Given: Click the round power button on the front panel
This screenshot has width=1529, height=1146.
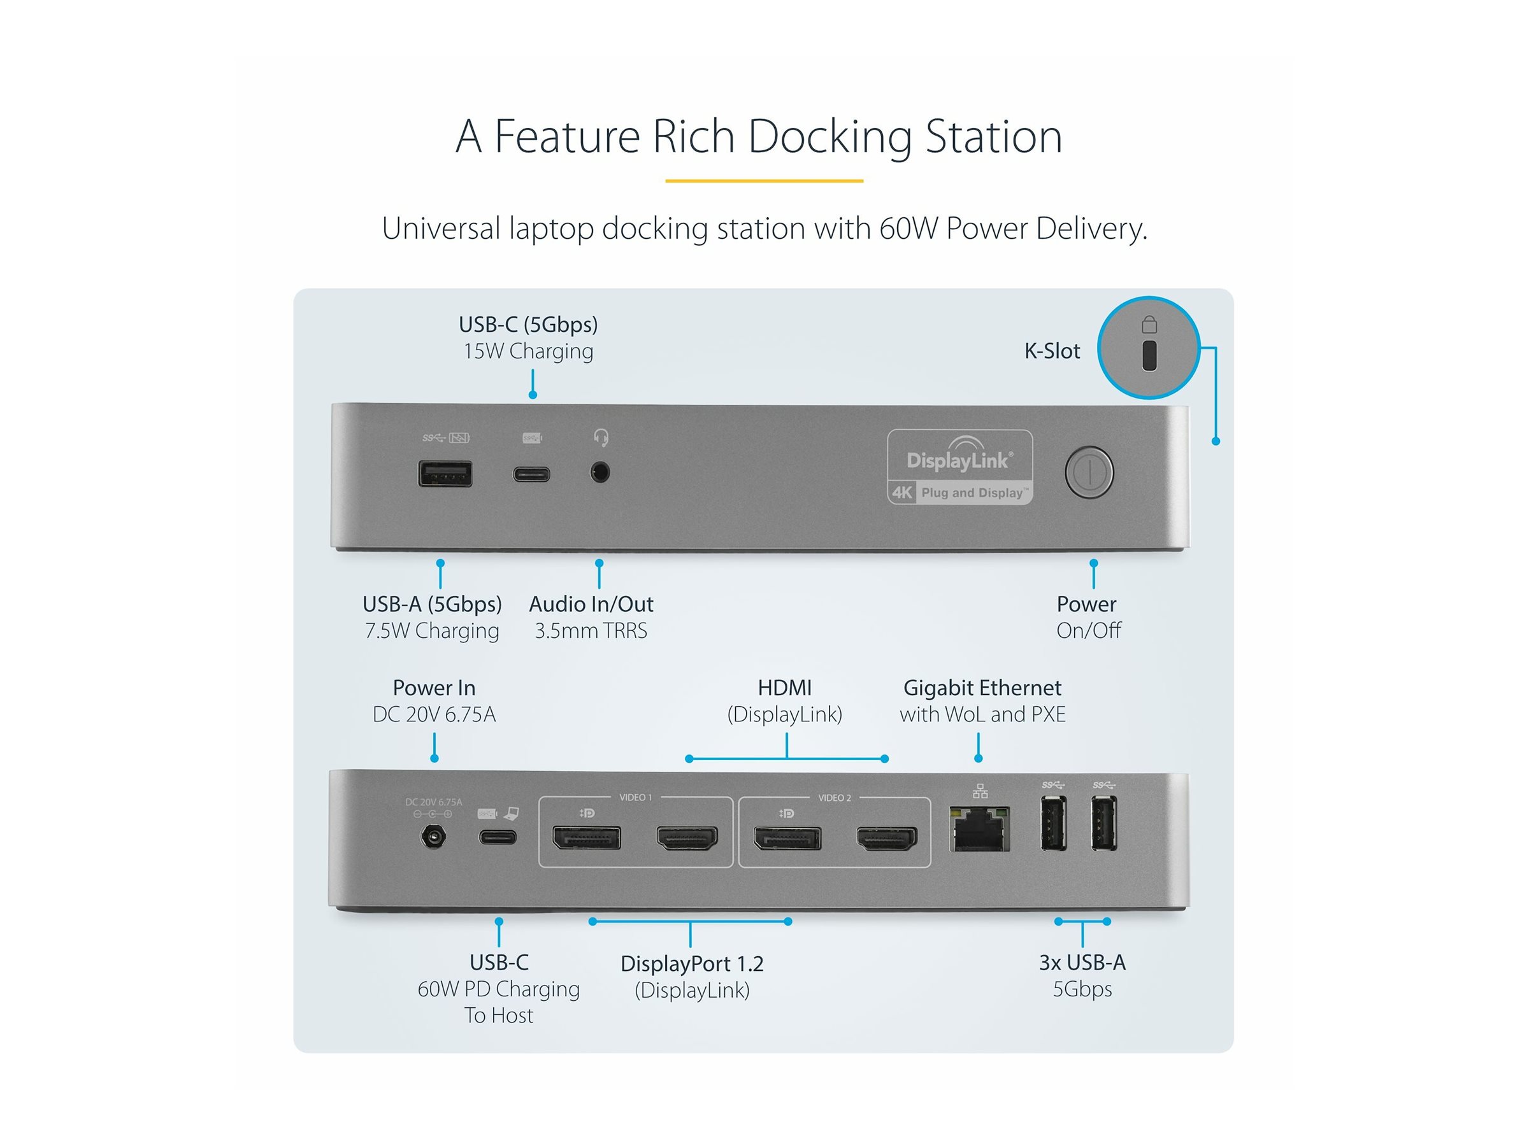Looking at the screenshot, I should [1089, 472].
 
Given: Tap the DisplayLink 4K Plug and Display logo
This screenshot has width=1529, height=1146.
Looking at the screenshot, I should [959, 468].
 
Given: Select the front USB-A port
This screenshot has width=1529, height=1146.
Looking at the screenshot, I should [445, 474].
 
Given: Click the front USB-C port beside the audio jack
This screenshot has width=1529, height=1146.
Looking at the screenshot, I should [531, 474].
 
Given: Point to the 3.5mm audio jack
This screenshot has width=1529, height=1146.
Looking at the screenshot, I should [599, 473].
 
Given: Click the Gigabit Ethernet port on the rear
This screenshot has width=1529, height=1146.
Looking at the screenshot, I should [979, 829].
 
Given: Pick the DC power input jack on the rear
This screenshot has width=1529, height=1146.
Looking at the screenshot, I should [433, 837].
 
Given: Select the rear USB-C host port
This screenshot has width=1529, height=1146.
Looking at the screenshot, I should [498, 837].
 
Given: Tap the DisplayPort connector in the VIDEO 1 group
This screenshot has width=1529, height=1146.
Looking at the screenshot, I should [586, 837].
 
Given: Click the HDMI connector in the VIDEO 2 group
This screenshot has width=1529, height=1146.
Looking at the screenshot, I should [886, 838].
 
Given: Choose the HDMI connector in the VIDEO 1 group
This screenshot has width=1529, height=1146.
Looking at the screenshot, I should [686, 838].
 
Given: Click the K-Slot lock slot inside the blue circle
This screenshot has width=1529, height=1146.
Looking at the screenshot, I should [1149, 355].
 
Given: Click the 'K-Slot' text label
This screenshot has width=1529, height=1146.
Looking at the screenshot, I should [1051, 351].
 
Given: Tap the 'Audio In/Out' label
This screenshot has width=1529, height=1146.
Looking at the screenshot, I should [591, 604].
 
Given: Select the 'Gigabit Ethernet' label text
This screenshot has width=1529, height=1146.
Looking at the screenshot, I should [982, 688].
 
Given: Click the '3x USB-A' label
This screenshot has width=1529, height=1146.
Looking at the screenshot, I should [1082, 961].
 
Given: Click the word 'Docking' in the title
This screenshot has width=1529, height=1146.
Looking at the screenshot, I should [829, 136].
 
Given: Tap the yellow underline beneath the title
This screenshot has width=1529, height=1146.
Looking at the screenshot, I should [764, 181].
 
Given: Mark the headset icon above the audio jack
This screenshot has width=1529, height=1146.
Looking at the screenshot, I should [601, 437].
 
